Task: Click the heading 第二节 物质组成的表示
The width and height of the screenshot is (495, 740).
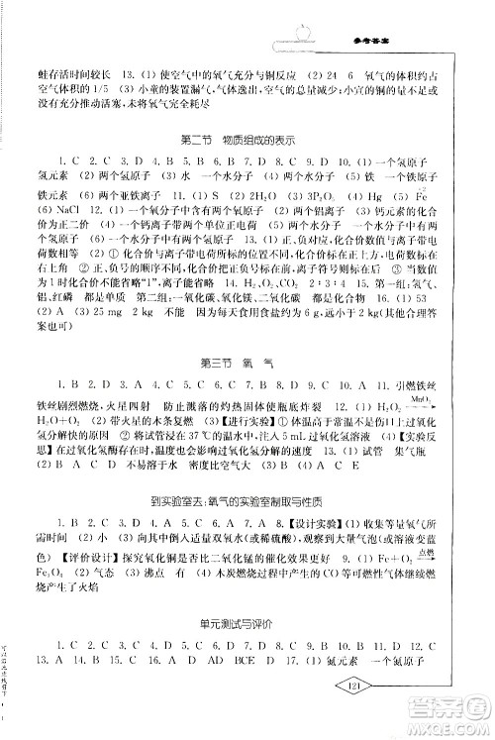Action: tap(247, 136)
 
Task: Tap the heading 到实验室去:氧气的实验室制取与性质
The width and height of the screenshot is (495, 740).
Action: tap(247, 505)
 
